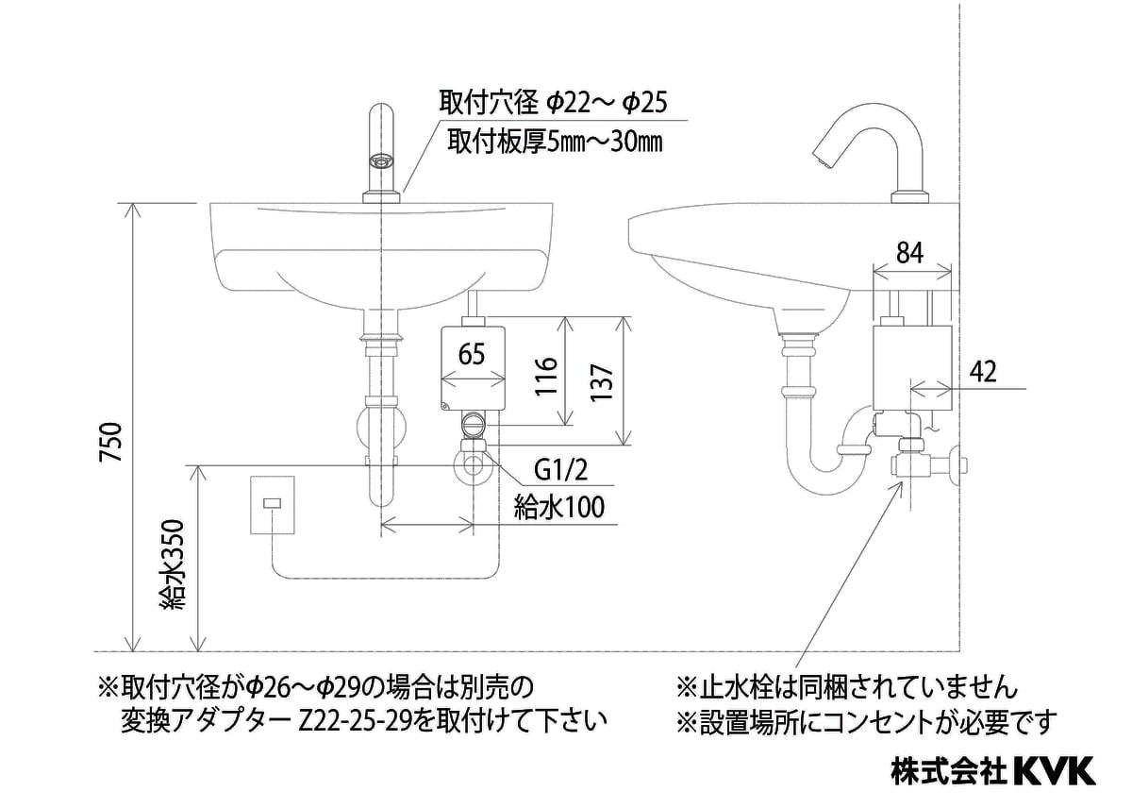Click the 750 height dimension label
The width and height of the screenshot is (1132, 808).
[111, 442]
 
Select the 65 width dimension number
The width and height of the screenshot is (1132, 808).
[473, 356]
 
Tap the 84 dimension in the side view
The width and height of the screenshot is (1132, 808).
[908, 252]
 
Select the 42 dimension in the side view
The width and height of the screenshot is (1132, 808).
[983, 372]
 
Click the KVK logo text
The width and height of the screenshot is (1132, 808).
[1054, 770]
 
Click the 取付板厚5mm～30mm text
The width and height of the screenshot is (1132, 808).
[554, 143]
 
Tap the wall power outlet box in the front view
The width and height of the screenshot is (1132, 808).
[274, 506]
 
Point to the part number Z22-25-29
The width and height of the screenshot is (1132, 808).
[352, 722]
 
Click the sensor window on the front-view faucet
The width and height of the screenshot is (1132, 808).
[382, 161]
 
